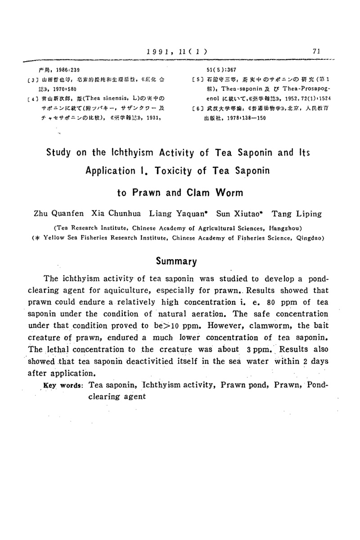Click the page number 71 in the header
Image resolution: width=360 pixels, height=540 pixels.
tap(316, 51)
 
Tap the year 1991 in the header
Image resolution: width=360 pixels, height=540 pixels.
tap(160, 51)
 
